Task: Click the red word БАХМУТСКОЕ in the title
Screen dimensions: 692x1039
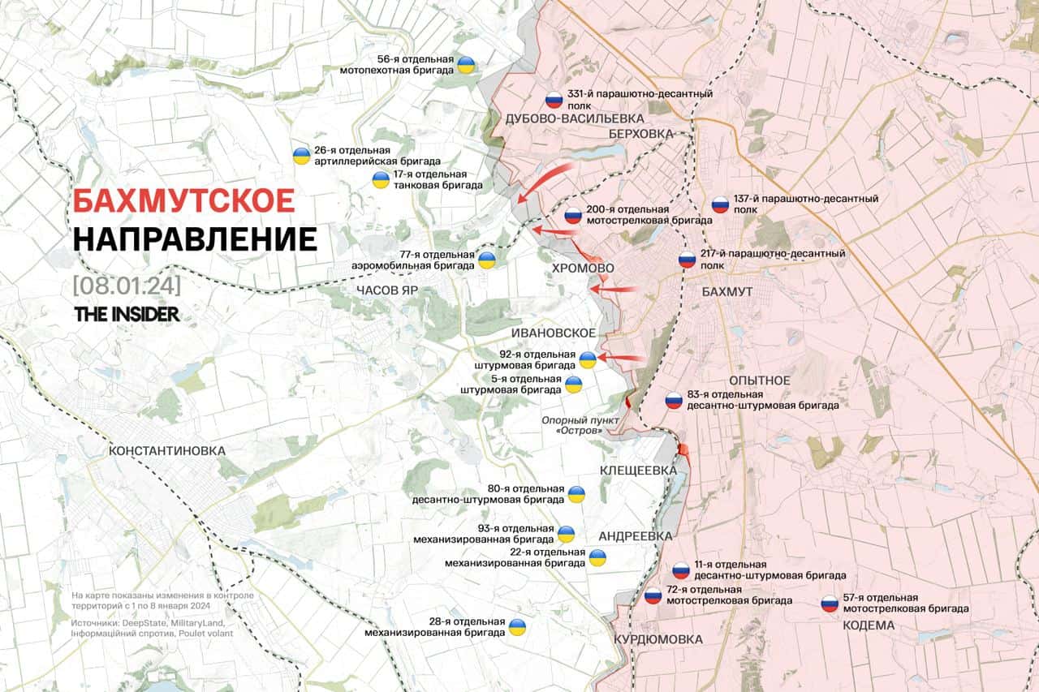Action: (183, 200)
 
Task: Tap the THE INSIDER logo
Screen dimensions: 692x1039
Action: (127, 314)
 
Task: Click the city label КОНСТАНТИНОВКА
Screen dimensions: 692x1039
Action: (166, 450)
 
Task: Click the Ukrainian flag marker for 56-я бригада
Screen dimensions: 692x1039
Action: (466, 65)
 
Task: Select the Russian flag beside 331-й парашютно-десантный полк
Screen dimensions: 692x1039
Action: (554, 100)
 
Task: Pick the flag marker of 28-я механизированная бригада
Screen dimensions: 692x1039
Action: (517, 627)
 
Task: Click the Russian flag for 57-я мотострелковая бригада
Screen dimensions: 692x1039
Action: (829, 603)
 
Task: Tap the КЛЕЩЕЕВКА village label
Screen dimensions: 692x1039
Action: (637, 471)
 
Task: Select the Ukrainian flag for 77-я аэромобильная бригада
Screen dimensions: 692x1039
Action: (486, 260)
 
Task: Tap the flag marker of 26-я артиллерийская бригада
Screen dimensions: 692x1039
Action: (300, 156)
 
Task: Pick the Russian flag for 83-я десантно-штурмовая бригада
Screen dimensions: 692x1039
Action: (673, 400)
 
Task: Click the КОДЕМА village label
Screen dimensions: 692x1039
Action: (869, 625)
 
